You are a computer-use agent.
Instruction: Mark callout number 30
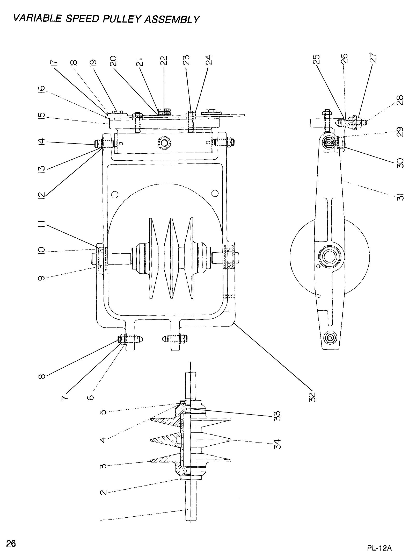[399, 163]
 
